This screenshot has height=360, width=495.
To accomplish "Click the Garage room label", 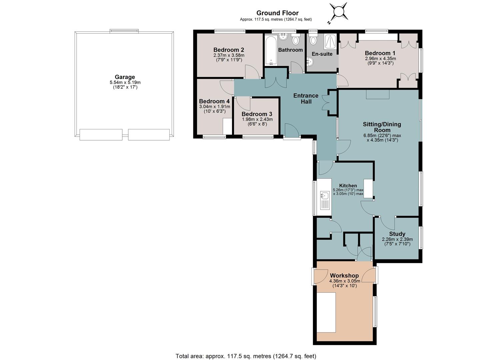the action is [125, 77].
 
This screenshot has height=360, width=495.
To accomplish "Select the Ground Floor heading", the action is [277, 13].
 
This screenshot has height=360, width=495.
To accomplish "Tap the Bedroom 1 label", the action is [380, 53].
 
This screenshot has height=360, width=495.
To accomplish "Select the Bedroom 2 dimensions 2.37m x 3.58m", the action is [229, 55].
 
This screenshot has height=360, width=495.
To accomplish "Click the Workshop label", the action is [344, 276].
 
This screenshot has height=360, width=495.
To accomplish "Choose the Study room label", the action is [397, 234].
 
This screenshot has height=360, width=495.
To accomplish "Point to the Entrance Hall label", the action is [306, 99].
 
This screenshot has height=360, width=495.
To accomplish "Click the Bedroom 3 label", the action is [257, 114].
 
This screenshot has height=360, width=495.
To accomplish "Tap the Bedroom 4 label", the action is [214, 101].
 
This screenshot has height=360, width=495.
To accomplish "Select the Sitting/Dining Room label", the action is [382, 127].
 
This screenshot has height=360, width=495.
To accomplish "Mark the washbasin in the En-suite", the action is [310, 62].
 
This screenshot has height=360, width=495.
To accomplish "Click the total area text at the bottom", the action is [246, 356].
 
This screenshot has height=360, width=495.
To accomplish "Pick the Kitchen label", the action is [348, 186].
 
